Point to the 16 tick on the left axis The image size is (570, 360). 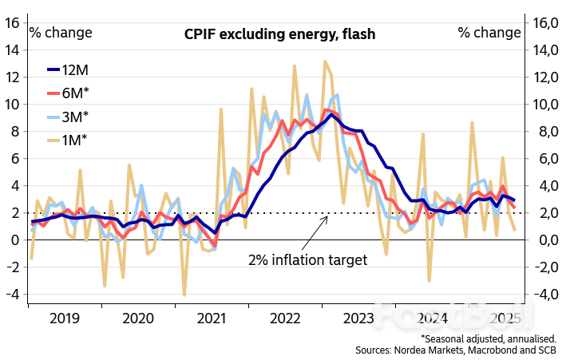click(x=12, y=22)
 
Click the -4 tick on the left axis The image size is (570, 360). click(x=12, y=294)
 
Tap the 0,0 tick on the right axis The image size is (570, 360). click(x=546, y=240)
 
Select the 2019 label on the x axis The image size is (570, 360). click(x=63, y=318)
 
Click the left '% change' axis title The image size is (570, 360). click(x=61, y=33)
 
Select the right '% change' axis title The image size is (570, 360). click(x=489, y=33)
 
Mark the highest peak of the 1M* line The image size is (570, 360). click(x=325, y=61)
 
